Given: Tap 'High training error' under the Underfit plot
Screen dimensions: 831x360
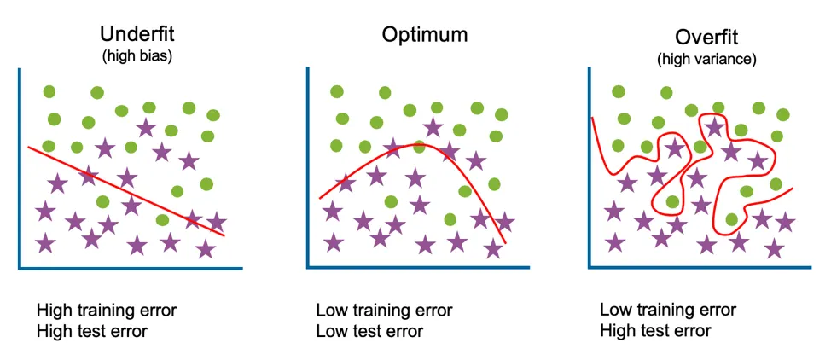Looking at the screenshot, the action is [x=107, y=310].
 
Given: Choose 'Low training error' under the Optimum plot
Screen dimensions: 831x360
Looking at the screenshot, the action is [x=384, y=310].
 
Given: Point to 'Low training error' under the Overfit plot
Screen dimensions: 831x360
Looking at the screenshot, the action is [x=667, y=310].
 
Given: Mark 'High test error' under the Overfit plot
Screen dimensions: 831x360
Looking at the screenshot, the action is [x=655, y=330].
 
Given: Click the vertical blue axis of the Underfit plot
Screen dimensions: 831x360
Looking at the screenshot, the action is [x=20, y=171].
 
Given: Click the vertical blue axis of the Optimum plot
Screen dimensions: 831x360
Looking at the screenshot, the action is [x=307, y=171].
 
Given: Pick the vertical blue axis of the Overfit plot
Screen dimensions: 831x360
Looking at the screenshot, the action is [x=590, y=171].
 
